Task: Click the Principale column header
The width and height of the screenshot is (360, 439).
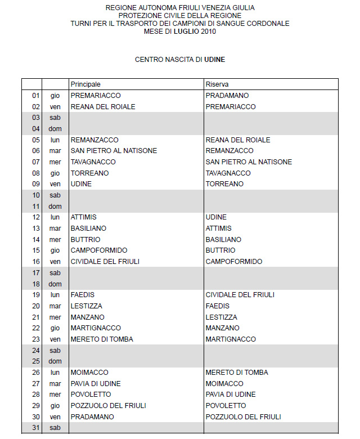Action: tap(85, 84)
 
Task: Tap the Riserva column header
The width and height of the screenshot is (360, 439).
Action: tap(217, 84)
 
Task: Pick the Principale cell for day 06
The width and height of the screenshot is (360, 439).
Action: tap(114, 151)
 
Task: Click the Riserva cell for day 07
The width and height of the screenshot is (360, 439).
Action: tap(249, 162)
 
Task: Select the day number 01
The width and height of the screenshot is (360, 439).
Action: tap(36, 96)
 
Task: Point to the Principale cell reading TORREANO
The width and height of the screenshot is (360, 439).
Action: tap(89, 173)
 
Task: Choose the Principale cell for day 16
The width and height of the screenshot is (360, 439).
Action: tap(105, 262)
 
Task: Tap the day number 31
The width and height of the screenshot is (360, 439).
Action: tap(36, 428)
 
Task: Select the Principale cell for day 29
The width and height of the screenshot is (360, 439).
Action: tap(108, 406)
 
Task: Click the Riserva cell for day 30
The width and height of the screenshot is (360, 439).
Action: tap(243, 417)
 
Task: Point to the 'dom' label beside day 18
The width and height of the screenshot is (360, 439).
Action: tap(55, 284)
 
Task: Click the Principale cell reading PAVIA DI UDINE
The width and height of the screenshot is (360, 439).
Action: tap(96, 384)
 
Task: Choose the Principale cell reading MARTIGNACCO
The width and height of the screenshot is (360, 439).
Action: tap(96, 328)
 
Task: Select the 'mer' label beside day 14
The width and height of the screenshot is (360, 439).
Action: tap(55, 240)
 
